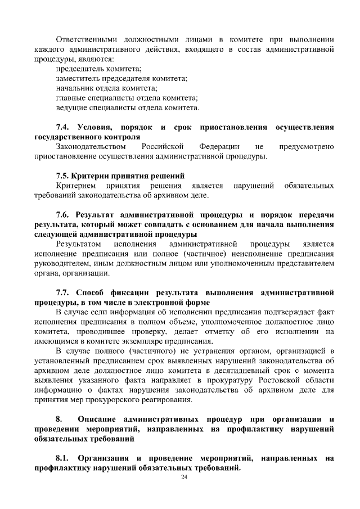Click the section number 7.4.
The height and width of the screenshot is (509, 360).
click(x=64, y=127)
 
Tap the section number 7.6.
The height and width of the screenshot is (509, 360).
click(x=64, y=215)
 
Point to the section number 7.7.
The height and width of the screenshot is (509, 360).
click(x=64, y=293)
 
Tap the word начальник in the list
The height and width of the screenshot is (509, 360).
click(x=75, y=88)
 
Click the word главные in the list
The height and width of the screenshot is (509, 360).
click(x=71, y=97)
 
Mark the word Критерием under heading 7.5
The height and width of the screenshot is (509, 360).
click(x=76, y=186)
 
